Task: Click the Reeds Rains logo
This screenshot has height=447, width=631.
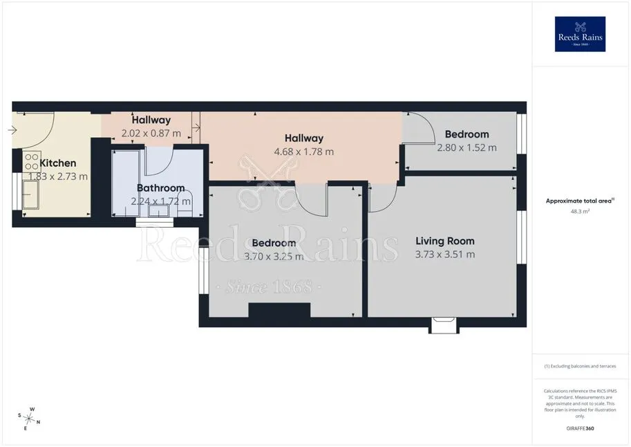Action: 580,34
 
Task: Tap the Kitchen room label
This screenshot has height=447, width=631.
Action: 58,163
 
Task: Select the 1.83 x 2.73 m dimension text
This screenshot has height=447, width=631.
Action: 58,176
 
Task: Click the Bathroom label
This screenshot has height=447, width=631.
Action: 160,188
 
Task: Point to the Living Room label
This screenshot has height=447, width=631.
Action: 445,241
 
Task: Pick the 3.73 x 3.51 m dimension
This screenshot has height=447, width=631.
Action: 445,255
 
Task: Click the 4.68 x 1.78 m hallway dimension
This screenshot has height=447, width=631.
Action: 304,152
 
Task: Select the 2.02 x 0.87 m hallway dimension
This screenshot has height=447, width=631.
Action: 151,133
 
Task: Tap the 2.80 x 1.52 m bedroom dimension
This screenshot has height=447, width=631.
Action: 467,147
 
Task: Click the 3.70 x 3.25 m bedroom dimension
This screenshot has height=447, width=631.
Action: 274,256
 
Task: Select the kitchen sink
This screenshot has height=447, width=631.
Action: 30,194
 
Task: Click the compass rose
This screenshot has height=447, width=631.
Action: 29,419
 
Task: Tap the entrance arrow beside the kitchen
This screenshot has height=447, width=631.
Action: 12,130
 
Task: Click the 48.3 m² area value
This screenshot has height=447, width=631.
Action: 580,211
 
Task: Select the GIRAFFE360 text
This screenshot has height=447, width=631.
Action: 580,428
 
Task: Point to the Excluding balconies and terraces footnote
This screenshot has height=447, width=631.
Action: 580,366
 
